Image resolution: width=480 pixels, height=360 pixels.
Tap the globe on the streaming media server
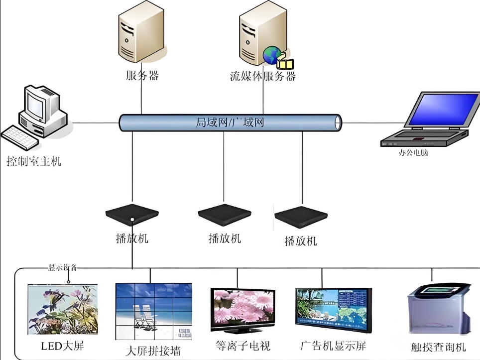[x=271, y=55]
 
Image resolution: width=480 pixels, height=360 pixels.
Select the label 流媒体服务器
[x=262, y=76]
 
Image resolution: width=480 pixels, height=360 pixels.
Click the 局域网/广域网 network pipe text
[x=230, y=122]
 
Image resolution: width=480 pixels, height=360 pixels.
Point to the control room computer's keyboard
[x=20, y=137]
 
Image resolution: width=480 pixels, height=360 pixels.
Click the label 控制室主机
[x=33, y=161]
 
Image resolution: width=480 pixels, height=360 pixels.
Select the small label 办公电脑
[x=413, y=153]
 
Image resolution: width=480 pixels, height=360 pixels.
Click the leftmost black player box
[x=132, y=215]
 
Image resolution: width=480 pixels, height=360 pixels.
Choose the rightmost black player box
[x=301, y=217]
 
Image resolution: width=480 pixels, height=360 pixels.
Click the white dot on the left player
[x=132, y=220]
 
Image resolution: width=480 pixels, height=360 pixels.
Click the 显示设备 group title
[x=62, y=267]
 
